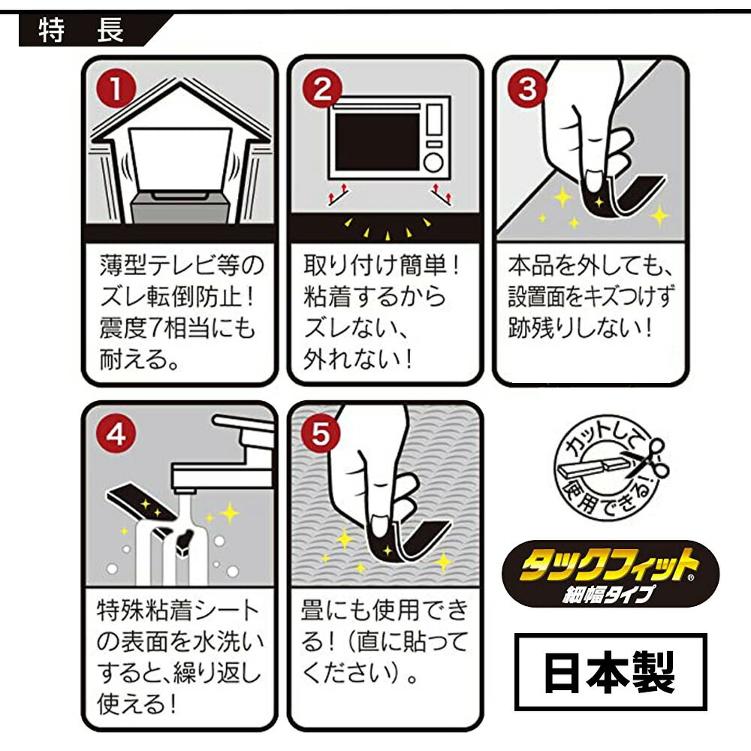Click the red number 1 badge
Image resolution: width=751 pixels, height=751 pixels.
(116, 89)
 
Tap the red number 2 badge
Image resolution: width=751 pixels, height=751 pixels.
(322, 89)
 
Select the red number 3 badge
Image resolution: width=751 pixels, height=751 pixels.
(527, 89)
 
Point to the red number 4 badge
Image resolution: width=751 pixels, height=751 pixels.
(116, 435)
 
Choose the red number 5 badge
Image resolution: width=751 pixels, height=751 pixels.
(321, 435)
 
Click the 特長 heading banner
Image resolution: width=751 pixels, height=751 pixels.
(91, 31)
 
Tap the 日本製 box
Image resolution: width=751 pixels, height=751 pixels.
(611, 671)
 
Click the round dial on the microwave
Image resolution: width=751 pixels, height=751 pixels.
(433, 162)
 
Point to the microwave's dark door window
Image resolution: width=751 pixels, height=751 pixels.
(378, 142)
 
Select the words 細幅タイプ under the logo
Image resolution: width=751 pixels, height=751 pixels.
(608, 594)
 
